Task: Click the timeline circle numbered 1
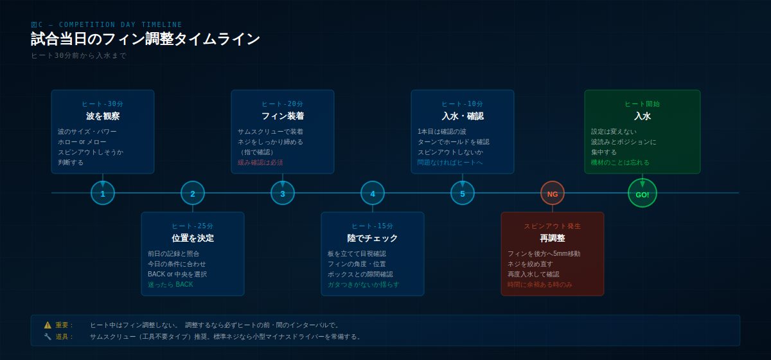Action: pyautogui.click(x=103, y=193)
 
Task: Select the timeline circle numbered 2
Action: pyautogui.click(x=193, y=193)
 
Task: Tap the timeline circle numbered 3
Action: pyautogui.click(x=283, y=193)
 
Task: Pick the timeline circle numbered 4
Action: pyautogui.click(x=373, y=193)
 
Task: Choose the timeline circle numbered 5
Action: pyautogui.click(x=463, y=193)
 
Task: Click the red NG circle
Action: pyautogui.click(x=553, y=193)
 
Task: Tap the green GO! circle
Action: pyautogui.click(x=642, y=193)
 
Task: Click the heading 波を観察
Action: pyautogui.click(x=103, y=116)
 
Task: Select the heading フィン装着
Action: pyautogui.click(x=283, y=116)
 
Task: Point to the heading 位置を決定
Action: pyautogui.click(x=193, y=238)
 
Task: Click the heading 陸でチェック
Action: pyautogui.click(x=373, y=238)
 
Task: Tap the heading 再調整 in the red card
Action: pyautogui.click(x=553, y=238)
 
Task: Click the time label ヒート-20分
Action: pyautogui.click(x=283, y=104)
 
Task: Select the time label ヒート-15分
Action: pyautogui.click(x=373, y=226)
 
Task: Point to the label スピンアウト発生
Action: pyautogui.click(x=553, y=226)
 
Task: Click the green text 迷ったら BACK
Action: pyautogui.click(x=170, y=285)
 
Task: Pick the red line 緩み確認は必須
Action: pyautogui.click(x=260, y=163)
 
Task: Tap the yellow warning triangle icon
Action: pyautogui.click(x=48, y=325)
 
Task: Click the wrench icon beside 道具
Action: pyautogui.click(x=48, y=337)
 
